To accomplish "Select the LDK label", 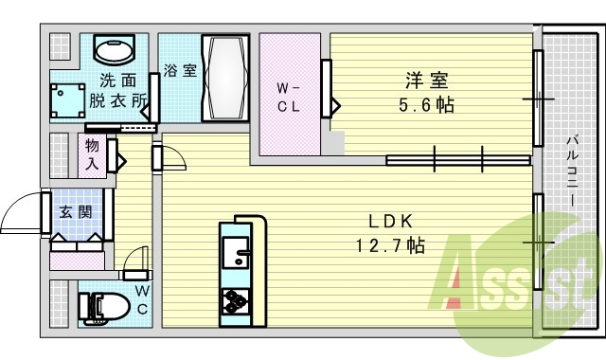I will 390,221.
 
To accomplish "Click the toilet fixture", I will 100,305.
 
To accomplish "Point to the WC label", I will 141,299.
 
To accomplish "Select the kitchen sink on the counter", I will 234,252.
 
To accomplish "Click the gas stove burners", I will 234,302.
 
